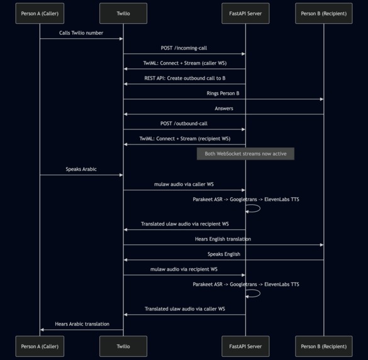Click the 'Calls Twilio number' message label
pos(81,33)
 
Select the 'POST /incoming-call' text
pos(184,48)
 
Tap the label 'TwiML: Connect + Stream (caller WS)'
pos(184,63)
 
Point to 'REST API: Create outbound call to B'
pos(184,78)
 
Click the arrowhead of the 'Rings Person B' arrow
pos(321,99)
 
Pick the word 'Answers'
pos(223,108)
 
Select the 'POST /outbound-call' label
pos(184,123)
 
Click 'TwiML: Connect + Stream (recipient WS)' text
pos(184,138)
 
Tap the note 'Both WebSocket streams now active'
pos(245,154)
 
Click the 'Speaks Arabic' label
pos(81,169)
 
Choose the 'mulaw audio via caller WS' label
pos(184,184)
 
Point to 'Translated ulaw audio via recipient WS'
pos(184,223)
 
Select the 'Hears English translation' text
pos(223,239)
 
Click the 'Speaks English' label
pos(223,254)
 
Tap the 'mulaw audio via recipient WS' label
pos(184,269)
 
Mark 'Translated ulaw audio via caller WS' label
pos(184,308)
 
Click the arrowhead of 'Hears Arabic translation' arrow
pos(42,329)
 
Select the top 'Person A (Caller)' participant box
pos(40,13)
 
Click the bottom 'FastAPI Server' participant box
pos(245,346)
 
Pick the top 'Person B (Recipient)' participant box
pos(324,13)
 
